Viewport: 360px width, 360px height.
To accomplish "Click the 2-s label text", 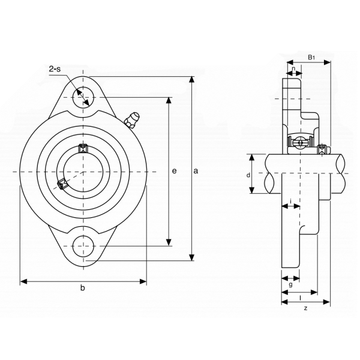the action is [x=55, y=68].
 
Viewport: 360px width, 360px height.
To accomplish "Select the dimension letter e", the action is [x=175, y=171].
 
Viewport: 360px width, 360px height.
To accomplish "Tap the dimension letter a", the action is [x=196, y=171].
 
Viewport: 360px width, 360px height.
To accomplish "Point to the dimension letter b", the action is [x=83, y=287].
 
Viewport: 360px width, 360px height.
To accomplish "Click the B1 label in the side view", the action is [x=311, y=57].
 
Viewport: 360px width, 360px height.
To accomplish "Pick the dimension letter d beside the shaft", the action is [x=248, y=175].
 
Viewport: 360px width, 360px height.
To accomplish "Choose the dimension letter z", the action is [x=305, y=308].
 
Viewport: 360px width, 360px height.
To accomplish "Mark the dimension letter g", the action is [x=290, y=284].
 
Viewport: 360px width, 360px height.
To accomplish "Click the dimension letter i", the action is [x=290, y=202].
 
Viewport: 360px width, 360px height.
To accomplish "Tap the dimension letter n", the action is [x=293, y=68].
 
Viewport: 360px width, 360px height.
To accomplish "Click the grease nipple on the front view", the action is [x=131, y=119].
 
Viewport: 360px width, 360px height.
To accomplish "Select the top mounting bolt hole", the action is [x=83, y=97].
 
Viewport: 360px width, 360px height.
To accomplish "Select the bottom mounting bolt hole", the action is [x=83, y=246].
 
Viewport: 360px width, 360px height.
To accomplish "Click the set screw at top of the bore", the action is [x=83, y=148].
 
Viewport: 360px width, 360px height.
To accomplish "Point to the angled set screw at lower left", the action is [x=62, y=184].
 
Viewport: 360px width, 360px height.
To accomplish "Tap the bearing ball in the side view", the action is [x=300, y=143].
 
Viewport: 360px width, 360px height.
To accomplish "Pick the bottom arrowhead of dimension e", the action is [x=169, y=242].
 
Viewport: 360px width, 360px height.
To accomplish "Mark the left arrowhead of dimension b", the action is [x=24, y=281].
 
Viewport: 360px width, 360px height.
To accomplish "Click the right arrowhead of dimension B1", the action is [x=327, y=62].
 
